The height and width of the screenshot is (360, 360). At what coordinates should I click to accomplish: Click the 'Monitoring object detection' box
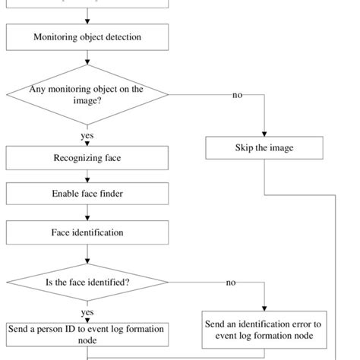click(87, 36)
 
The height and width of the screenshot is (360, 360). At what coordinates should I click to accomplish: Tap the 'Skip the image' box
click(264, 147)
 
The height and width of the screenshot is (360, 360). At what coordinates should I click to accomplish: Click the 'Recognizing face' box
click(87, 158)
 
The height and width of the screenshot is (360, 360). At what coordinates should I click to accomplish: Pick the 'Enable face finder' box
click(87, 194)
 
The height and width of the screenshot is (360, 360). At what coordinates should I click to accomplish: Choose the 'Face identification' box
click(87, 232)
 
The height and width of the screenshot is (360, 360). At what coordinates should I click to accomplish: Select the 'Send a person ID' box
click(87, 334)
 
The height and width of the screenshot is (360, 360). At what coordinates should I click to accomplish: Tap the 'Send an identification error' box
click(264, 329)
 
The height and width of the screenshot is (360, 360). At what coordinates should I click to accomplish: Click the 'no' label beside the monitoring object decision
click(237, 95)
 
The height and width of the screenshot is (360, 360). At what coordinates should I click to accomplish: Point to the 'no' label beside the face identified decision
click(231, 283)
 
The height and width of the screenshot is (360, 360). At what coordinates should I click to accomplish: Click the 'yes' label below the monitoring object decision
click(87, 136)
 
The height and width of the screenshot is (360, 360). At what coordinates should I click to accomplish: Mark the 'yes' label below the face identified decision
click(87, 312)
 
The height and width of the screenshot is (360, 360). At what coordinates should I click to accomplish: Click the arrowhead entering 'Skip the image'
click(264, 132)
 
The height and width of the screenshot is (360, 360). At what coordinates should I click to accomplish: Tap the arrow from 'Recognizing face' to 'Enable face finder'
click(87, 176)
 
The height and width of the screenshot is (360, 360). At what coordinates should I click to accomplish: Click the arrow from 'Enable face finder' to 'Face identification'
click(87, 213)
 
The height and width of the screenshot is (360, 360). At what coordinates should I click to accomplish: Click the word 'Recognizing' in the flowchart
click(73, 158)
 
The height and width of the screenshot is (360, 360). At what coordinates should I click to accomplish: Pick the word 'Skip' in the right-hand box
click(244, 147)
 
